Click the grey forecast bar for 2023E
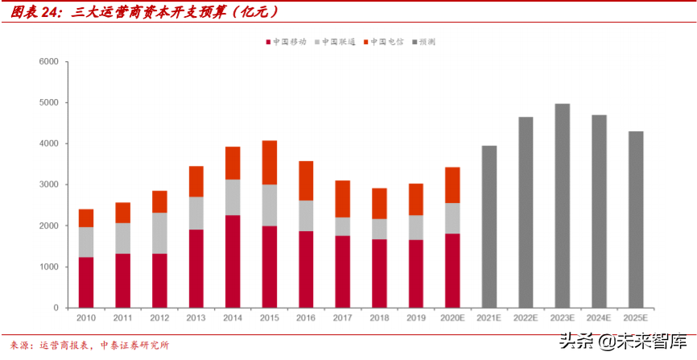tap(562, 205)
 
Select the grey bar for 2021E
tap(489, 226)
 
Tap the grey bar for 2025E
tap(635, 219)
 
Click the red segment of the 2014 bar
tap(233, 261)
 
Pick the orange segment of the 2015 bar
tap(270, 163)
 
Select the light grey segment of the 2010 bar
tap(86, 242)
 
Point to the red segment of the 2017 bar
tap(343, 271)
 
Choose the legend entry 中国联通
tap(339, 41)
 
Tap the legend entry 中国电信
tap(388, 41)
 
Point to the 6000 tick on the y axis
tap(48, 62)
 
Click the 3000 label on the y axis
tap(48, 185)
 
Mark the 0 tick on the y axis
tap(55, 308)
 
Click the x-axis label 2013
tap(196, 318)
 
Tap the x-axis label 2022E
tap(526, 318)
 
